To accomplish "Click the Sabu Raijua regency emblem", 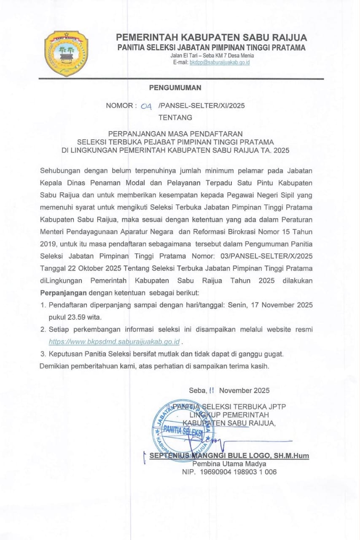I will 66,54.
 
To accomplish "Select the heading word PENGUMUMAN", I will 175,88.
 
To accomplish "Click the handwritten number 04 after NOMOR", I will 146,106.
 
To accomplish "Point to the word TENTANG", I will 175,117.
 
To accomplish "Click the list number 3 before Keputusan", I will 43,353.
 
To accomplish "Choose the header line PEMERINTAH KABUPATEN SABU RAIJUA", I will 212,38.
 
